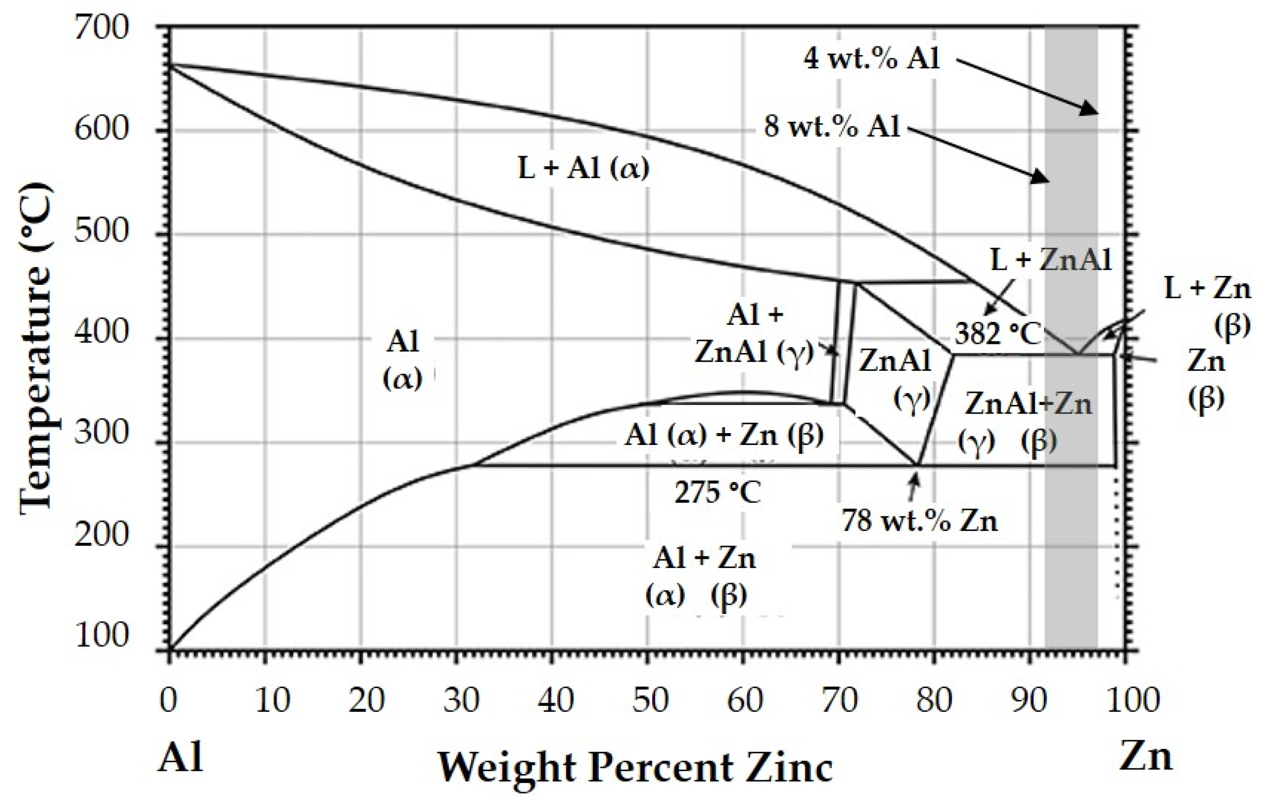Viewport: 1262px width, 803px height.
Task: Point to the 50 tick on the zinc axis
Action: (650, 700)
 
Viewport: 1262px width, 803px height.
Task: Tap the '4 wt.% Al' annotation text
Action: (872, 59)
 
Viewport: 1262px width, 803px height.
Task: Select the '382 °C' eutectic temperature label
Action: (997, 334)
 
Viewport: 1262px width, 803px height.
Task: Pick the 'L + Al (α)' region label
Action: (584, 169)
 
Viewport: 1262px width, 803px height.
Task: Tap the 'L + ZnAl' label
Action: (1051, 259)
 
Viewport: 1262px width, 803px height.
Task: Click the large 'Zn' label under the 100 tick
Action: (1146, 756)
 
